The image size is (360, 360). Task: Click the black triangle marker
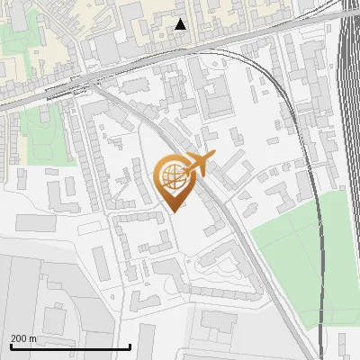click(181, 24)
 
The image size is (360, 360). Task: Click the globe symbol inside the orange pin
click(170, 176)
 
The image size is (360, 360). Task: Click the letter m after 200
click(33, 338)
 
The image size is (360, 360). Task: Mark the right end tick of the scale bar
click(130, 346)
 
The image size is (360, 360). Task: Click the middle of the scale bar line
click(70, 347)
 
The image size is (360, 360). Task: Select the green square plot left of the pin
click(45, 135)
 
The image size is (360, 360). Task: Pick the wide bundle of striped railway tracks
click(349, 135)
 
